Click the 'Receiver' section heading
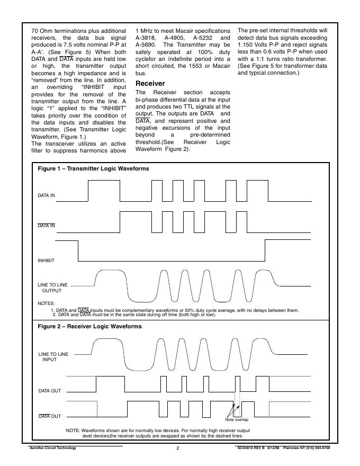150,84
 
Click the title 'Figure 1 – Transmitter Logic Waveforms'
93,169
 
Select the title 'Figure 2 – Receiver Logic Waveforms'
89,327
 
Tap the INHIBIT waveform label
46,261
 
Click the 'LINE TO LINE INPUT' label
53,356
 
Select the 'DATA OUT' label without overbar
49,391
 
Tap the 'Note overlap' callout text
237,420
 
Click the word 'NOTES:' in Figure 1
47,303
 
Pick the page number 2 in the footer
178,449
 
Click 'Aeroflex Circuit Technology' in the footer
52,448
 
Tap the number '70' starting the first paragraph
36,31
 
